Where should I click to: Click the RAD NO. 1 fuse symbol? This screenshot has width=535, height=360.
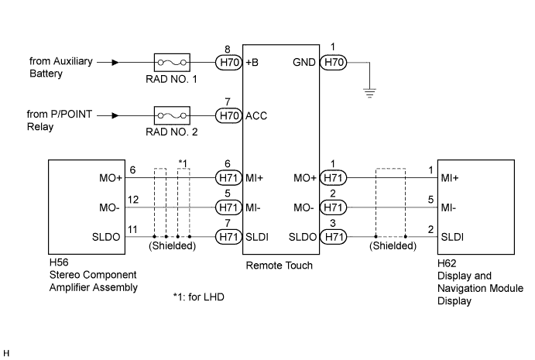point(172,63)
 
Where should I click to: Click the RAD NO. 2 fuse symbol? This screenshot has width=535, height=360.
point(172,115)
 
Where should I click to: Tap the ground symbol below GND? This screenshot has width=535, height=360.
point(369,93)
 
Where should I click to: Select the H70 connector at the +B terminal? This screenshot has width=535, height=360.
point(228,63)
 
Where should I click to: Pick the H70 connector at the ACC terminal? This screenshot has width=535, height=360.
point(228,115)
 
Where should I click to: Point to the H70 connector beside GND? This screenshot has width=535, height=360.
point(334,63)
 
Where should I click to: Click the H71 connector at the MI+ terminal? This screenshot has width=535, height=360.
point(228,178)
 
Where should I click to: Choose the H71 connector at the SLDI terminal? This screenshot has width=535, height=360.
point(228,237)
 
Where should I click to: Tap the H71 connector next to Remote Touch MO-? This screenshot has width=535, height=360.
point(334,207)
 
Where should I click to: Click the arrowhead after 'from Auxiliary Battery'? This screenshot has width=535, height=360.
point(115,63)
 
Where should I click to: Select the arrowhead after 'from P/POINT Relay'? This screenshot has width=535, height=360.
point(115,115)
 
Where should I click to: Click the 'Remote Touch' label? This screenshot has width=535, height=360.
point(279,266)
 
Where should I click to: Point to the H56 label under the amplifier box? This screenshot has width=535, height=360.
point(59,262)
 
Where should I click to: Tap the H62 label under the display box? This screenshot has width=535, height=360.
point(447,263)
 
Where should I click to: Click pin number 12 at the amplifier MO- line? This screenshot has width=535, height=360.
point(133,200)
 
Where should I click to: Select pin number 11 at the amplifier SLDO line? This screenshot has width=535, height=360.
point(132,229)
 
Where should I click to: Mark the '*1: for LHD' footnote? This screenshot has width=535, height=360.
point(198,297)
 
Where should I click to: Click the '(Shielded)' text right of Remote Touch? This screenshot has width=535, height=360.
point(393,245)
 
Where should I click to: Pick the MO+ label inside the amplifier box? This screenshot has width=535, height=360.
point(111,178)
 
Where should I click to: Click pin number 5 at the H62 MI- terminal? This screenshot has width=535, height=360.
point(431,200)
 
